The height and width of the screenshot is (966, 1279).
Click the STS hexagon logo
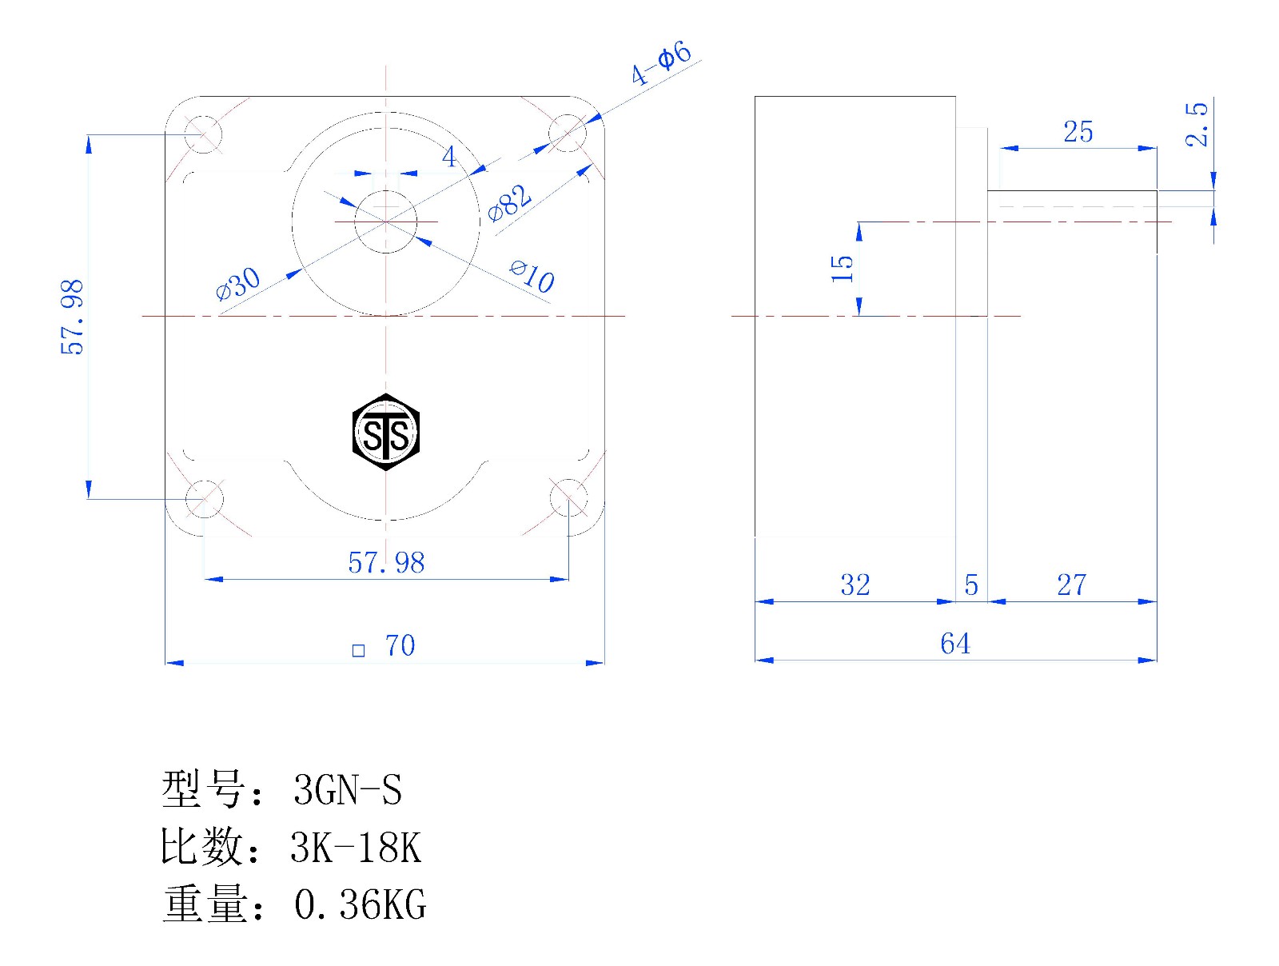click(386, 432)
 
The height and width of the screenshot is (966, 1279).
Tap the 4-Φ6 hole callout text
click(661, 63)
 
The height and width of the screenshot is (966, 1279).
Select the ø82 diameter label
click(509, 203)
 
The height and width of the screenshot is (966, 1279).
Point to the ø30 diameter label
click(237, 284)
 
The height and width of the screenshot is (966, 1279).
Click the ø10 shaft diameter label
click(532, 276)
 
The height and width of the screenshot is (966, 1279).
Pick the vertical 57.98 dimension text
click(72, 317)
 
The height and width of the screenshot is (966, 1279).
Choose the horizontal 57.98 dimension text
click(386, 563)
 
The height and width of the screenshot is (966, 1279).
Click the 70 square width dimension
click(384, 645)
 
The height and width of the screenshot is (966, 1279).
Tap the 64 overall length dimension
click(955, 644)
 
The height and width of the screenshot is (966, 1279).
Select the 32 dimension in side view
click(855, 585)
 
